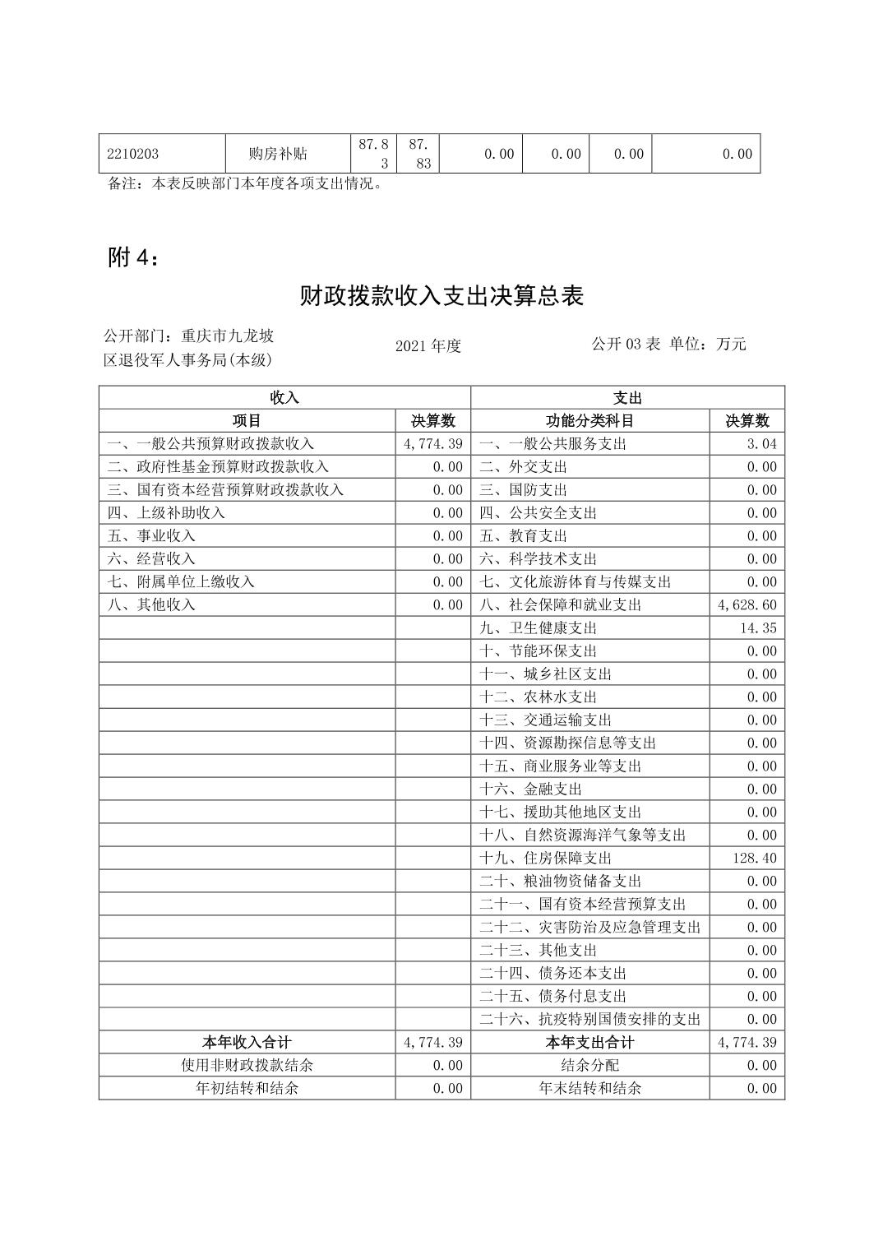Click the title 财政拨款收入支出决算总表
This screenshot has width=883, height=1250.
441,296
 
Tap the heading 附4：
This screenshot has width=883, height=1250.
133,257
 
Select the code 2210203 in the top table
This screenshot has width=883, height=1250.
133,154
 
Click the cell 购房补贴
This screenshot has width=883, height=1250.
278,154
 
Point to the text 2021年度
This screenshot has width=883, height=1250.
428,346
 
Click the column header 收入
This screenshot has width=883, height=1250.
284,397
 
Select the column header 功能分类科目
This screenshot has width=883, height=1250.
589,420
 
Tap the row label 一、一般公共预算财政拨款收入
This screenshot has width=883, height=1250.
210,443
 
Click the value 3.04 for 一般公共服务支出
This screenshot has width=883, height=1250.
761,443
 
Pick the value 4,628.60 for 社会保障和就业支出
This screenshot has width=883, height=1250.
747,604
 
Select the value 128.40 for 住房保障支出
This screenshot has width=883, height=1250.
754,858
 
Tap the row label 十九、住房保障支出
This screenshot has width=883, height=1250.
545,858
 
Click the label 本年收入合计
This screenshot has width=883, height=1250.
247,1042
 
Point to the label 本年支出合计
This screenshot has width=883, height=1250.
589,1042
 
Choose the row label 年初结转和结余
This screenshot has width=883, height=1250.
247,1088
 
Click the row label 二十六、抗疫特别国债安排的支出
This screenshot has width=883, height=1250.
589,1019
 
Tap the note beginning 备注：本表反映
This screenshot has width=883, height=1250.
246,183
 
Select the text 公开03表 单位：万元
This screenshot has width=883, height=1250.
668,344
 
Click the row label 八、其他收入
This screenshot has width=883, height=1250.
151,604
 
